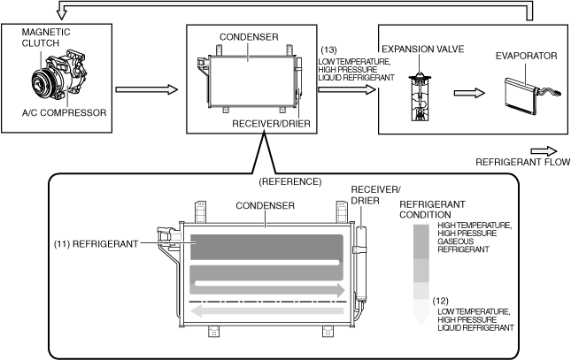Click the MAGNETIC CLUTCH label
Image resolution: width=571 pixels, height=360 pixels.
point(46,37)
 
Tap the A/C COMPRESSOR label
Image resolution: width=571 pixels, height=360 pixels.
point(64,113)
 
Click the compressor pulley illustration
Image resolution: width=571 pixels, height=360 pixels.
point(42,81)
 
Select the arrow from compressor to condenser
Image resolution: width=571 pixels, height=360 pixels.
point(147,89)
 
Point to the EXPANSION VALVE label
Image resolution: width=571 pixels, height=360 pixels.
point(423,50)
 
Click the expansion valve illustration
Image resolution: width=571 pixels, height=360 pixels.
point(420,96)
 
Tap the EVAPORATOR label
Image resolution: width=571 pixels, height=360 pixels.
point(526,56)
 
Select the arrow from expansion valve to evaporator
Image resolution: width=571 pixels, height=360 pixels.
point(469,93)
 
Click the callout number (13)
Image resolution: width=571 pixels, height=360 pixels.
point(328,50)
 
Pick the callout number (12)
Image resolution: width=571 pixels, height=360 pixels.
point(440,301)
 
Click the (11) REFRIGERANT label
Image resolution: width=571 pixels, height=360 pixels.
point(96,244)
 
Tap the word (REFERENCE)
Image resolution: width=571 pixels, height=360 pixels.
point(290,181)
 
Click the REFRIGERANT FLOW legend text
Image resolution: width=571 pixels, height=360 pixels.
point(523,162)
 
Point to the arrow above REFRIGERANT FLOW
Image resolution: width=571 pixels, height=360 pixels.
point(544,151)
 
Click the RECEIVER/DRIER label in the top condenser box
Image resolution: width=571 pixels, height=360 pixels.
point(271,124)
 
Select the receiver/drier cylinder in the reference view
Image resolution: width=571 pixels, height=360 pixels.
point(361,264)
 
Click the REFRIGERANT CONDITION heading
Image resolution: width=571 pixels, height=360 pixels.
point(432,210)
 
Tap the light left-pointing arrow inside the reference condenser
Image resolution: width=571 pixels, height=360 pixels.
point(267,310)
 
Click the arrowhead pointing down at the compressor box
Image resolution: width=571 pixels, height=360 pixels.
point(62,14)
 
